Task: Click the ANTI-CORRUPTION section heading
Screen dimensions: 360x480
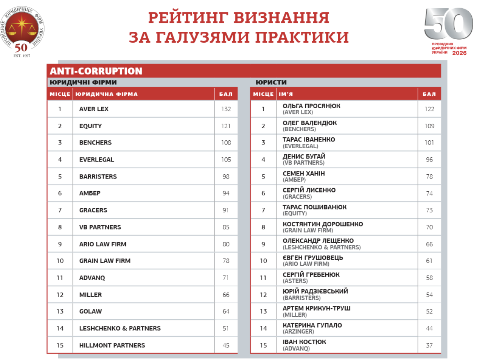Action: tap(96, 71)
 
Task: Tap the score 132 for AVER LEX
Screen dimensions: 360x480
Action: tap(226, 109)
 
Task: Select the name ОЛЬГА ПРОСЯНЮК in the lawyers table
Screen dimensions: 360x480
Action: tap(311, 106)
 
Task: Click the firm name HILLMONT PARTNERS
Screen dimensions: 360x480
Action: tap(112, 345)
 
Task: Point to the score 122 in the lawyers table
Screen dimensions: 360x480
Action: tap(429, 109)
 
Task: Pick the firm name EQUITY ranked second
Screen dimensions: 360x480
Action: tap(91, 126)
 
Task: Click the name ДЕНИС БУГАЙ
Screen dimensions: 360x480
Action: tap(304, 157)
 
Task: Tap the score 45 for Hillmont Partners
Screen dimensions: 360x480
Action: tap(226, 345)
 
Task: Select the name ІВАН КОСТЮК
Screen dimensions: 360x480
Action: tap(304, 342)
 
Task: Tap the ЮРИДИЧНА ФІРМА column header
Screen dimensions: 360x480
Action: tap(106, 94)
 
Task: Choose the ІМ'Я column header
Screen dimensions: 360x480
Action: tap(286, 94)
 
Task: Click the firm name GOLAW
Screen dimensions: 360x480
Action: tap(91, 311)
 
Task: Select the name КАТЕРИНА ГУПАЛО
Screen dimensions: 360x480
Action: tap(312, 325)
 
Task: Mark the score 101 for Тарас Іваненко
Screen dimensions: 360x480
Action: tap(429, 143)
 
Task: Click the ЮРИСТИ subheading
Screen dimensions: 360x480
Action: tap(271, 82)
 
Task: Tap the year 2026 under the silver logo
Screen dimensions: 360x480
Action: tap(459, 53)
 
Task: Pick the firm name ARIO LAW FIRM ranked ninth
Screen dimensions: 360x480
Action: tap(103, 244)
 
